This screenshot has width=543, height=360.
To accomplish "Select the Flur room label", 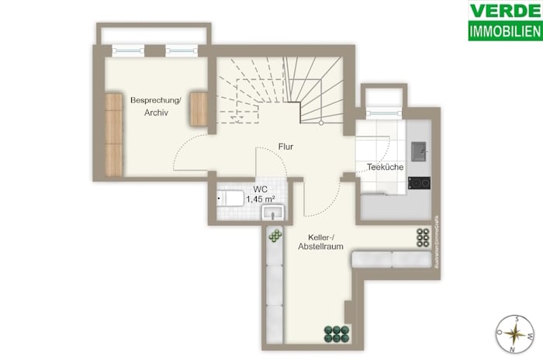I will click(x=285, y=146).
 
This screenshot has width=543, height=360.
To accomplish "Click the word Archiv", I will click(x=156, y=113).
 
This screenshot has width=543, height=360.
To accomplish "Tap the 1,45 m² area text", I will click(x=260, y=199).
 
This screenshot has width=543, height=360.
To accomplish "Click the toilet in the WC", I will click(x=230, y=197).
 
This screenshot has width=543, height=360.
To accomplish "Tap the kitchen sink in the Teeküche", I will click(x=418, y=147).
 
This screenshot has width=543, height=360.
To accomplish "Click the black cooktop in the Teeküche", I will click(x=420, y=184).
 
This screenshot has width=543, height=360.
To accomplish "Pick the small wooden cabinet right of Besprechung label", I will click(x=199, y=109).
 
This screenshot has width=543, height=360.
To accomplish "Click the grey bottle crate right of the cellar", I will click(x=423, y=236).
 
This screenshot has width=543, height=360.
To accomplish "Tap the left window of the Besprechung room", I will click(x=129, y=50).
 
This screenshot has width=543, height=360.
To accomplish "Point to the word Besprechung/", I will click(x=156, y=100).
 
